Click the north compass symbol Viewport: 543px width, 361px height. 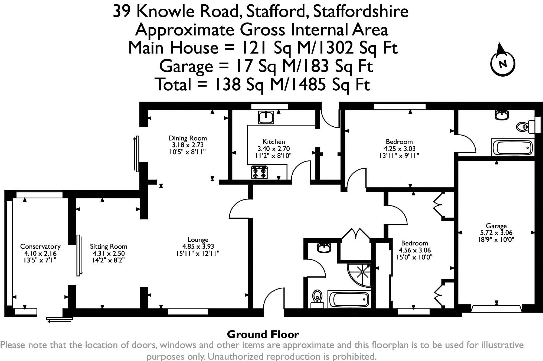coord(502,62)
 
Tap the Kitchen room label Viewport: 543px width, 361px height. coord(274,142)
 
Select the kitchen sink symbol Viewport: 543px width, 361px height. coord(266,117)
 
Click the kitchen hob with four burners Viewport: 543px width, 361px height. coord(259,172)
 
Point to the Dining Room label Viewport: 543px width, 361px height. coord(188,138)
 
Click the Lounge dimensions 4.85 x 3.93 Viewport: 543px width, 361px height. coord(198,247)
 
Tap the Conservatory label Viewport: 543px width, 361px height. coord(40,246)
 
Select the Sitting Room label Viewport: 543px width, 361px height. coord(108,246)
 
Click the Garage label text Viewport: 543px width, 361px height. coord(496,226)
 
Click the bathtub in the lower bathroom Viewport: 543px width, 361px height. coord(349,299)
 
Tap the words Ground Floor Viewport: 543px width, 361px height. coord(263,334)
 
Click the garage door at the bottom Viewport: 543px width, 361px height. coord(496,308)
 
